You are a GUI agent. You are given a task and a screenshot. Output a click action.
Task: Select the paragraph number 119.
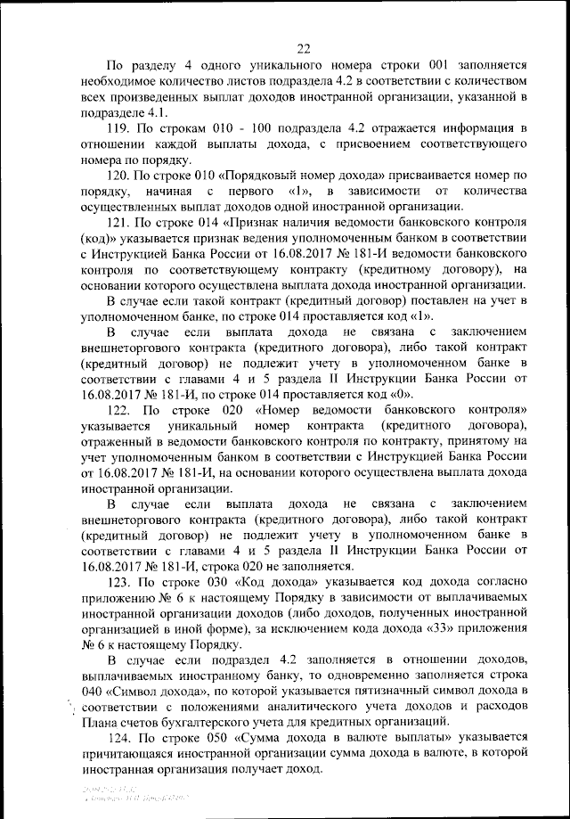pyautogui.click(x=118, y=129)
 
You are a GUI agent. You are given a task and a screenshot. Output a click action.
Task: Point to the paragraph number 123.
pyautogui.click(x=118, y=581)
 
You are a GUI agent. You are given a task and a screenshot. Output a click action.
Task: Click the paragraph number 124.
pyautogui.click(x=118, y=739)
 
